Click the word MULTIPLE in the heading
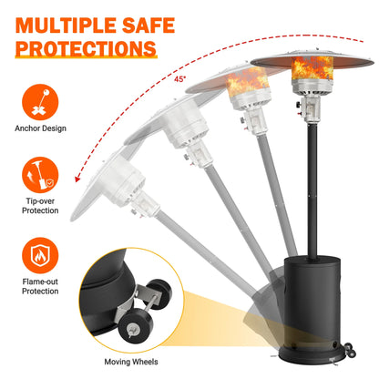[66, 26]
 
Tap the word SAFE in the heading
[149, 26]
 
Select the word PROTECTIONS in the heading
[86, 48]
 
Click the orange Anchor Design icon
[40, 102]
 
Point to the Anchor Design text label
[40, 128]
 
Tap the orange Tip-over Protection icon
[40, 175]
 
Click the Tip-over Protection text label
[40, 206]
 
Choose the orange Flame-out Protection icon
[40, 256]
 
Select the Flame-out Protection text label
[40, 286]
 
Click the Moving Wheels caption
[131, 362]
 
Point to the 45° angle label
[179, 79]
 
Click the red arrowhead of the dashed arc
[77, 179]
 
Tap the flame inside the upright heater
[312, 68]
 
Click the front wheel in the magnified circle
[136, 326]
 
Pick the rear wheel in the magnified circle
[159, 294]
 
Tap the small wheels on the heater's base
[350, 350]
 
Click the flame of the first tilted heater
[248, 81]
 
